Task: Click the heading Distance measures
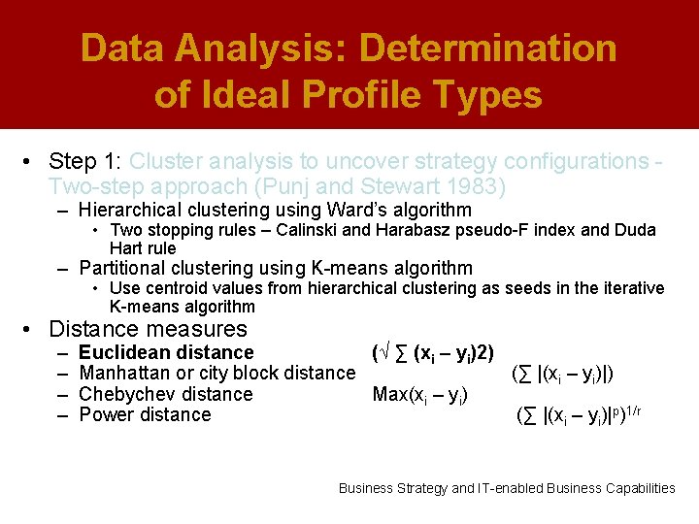148,329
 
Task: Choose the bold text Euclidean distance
166,352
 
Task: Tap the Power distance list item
145,414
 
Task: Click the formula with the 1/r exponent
580,415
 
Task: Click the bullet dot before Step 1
31,161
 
